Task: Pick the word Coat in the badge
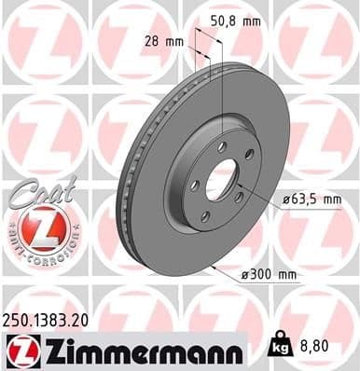click(34, 191)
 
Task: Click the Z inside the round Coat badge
click(35, 228)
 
